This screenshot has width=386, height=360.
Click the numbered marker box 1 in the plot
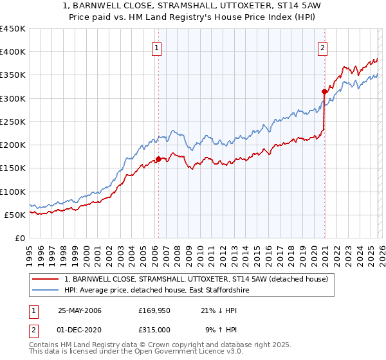click(157, 47)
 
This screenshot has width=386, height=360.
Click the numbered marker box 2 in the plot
click(322, 47)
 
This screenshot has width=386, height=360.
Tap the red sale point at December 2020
click(324, 91)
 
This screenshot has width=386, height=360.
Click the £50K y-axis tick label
click(15, 215)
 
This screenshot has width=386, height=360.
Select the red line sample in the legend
click(45, 279)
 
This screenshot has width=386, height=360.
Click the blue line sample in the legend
click(45, 291)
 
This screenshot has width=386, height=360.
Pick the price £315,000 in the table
click(154, 330)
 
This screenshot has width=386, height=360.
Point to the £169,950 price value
click(154, 310)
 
